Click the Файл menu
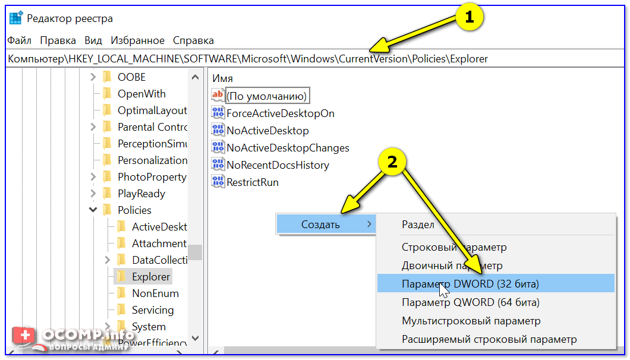[x=19, y=40]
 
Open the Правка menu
[x=58, y=40]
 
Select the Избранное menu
[x=137, y=40]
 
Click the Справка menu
[x=193, y=40]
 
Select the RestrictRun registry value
[x=252, y=182]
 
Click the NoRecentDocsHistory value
[x=278, y=165]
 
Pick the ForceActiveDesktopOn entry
[x=280, y=113]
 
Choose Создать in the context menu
[x=321, y=225]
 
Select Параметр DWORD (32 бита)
[x=470, y=284]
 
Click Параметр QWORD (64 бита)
[x=470, y=302]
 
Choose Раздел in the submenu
[x=418, y=225]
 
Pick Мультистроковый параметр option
[x=471, y=321]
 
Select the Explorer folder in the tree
[x=151, y=277]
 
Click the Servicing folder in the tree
[x=153, y=310]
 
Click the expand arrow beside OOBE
[x=93, y=77]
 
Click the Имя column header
[x=223, y=78]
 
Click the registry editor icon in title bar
[x=16, y=18]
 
